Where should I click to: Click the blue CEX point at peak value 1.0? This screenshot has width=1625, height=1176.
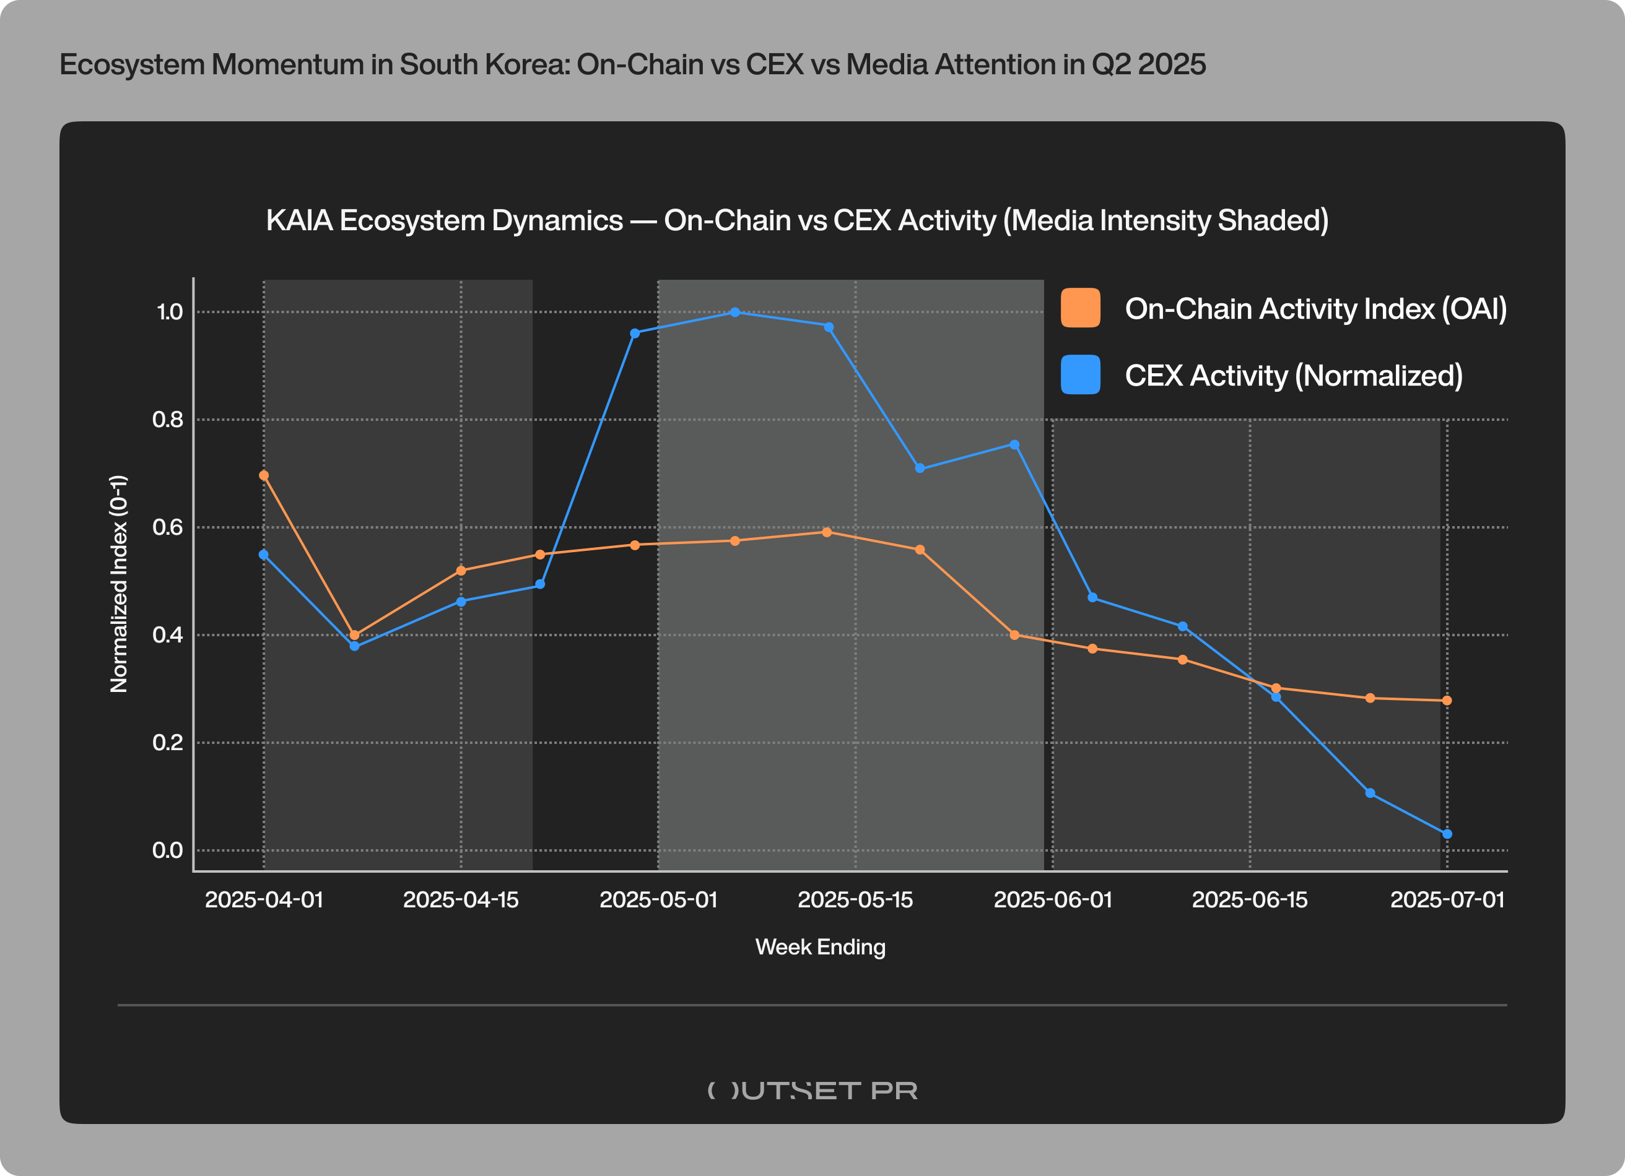[x=734, y=313]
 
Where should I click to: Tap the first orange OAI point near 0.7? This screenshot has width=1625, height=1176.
[x=264, y=475]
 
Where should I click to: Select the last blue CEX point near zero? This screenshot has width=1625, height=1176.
[x=1447, y=834]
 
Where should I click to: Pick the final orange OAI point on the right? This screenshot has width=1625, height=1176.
[x=1447, y=701]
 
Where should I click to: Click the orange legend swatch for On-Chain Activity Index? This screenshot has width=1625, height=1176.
[x=1080, y=308]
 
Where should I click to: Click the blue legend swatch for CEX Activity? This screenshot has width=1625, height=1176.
[x=1080, y=374]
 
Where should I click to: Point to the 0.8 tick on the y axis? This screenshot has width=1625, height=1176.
[x=168, y=420]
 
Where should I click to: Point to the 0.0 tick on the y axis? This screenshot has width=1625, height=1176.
[x=168, y=850]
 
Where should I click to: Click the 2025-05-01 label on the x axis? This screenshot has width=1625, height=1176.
[x=658, y=899]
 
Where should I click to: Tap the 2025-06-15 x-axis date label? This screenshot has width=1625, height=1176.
[x=1249, y=899]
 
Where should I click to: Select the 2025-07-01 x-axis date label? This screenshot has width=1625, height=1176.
[x=1447, y=899]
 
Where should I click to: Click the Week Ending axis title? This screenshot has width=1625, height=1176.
[x=821, y=947]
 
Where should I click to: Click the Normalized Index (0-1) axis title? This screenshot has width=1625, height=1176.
[x=119, y=584]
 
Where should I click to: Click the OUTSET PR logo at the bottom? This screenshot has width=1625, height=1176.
[x=812, y=1090]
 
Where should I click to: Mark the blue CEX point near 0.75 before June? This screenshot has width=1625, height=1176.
[x=1014, y=445]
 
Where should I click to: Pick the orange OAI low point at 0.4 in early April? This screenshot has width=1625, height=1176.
[x=354, y=635]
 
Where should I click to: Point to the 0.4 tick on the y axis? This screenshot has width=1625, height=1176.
[x=168, y=635]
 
